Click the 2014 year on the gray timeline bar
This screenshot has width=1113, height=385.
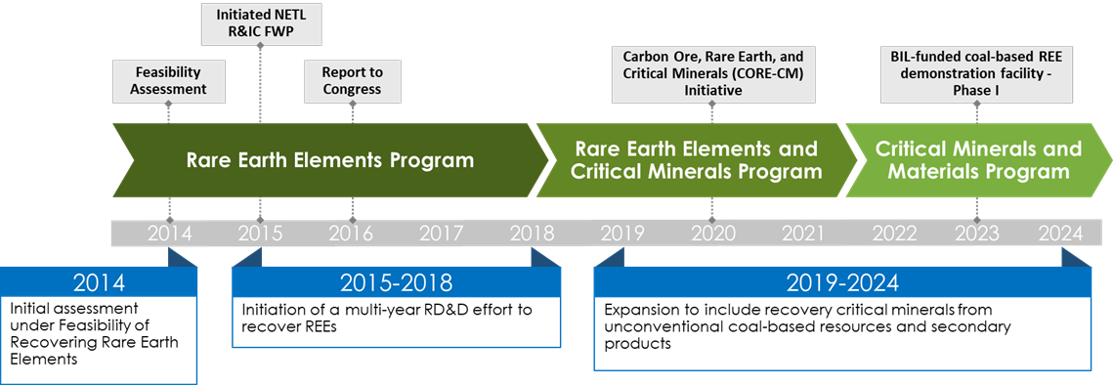(169, 233)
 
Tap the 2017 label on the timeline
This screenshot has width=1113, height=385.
(442, 233)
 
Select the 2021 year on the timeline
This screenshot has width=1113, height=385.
(803, 233)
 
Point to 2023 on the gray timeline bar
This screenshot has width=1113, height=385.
(977, 233)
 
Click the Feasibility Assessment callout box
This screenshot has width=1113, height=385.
(169, 80)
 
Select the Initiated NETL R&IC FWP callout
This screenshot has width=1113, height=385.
(260, 22)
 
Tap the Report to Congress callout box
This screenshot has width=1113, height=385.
(352, 80)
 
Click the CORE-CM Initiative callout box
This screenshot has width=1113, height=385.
(712, 73)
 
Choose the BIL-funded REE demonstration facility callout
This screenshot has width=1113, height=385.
(977, 73)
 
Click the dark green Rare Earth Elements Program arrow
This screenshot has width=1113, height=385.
(330, 160)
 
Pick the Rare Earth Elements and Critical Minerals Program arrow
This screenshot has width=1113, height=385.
(696, 160)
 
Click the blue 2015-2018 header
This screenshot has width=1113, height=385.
(396, 282)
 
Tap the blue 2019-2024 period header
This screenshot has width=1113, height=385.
(842, 282)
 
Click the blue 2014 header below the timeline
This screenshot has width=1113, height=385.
(99, 282)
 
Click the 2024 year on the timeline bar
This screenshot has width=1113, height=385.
(1061, 233)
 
